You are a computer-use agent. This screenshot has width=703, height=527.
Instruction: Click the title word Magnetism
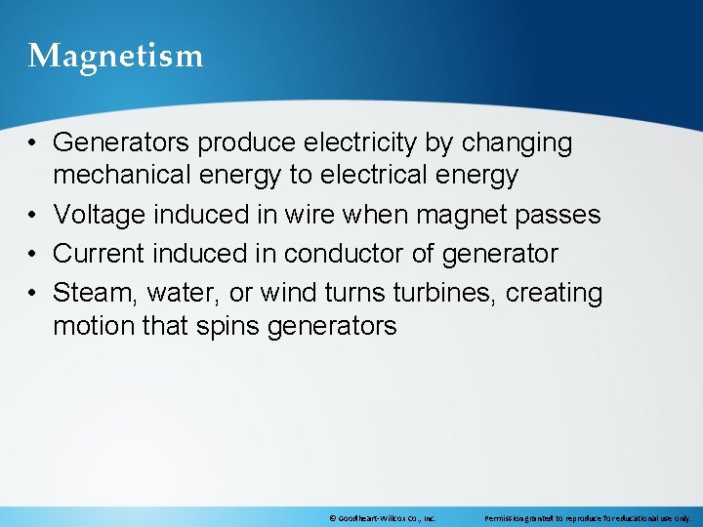115,56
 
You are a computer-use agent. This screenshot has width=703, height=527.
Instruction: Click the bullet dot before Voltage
33,216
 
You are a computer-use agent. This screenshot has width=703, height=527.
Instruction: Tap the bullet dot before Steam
33,294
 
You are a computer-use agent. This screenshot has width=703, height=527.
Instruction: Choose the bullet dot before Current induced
33,255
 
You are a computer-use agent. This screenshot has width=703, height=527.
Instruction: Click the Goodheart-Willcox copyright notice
383,517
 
